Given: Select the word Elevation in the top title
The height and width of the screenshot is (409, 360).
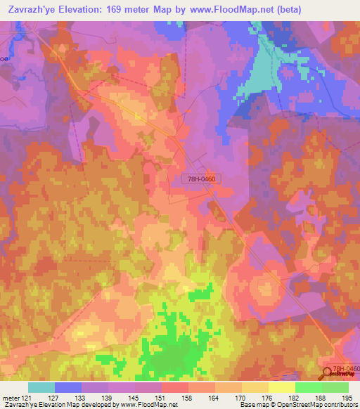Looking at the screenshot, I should [x=91, y=9].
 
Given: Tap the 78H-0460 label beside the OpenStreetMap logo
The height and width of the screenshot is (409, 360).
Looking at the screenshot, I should [x=346, y=369].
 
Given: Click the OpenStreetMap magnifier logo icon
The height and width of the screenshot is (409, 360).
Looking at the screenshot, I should [x=326, y=374].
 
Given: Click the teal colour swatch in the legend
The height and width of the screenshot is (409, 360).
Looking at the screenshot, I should [x=41, y=387].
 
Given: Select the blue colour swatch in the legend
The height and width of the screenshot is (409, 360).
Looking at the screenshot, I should [x=68, y=387].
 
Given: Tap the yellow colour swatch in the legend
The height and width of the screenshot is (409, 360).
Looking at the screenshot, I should [x=282, y=387].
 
